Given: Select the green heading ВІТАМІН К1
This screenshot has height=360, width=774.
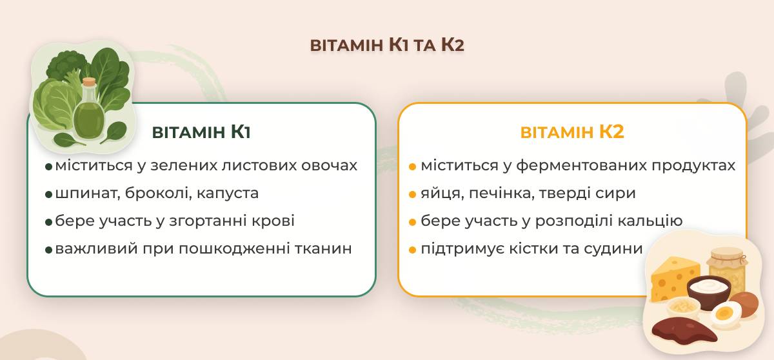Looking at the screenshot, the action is tap(201, 132).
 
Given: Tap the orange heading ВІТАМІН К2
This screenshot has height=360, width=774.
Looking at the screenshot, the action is tap(572, 132).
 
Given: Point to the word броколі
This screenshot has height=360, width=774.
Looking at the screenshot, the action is tap(158, 193).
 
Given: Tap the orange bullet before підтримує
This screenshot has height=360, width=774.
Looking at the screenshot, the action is tap(412, 250).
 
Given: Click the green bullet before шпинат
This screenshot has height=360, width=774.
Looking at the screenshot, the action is tap(49, 194).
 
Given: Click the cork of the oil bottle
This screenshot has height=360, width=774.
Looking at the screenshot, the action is tap(89, 83).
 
